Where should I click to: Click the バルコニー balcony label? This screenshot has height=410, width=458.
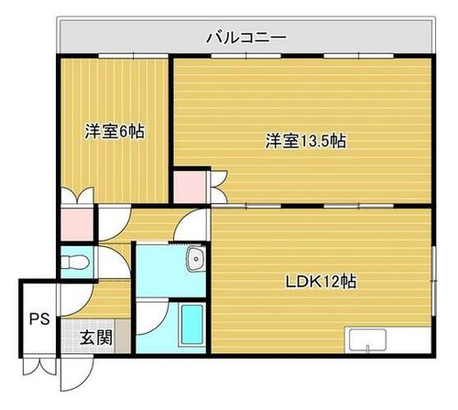[246, 38]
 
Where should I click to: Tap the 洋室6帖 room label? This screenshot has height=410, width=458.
[114, 131]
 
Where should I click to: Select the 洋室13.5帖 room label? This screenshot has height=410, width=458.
[305, 141]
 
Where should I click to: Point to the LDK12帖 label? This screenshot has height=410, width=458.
[321, 281]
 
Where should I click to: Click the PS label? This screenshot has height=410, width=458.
[39, 319]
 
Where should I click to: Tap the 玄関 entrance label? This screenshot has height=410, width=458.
[96, 338]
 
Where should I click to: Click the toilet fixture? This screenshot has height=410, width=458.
[75, 262]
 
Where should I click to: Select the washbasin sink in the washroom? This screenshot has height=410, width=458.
[196, 259]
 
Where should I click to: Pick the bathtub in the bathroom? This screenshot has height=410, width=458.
[192, 324]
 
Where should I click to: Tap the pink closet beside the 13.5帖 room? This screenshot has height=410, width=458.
[190, 187]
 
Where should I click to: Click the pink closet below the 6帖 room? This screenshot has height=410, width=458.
[77, 224]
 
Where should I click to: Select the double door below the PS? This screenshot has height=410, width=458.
[39, 366]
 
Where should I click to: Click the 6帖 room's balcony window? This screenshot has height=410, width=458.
[134, 56]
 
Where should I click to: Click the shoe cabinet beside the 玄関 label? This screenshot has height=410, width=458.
[123, 336]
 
